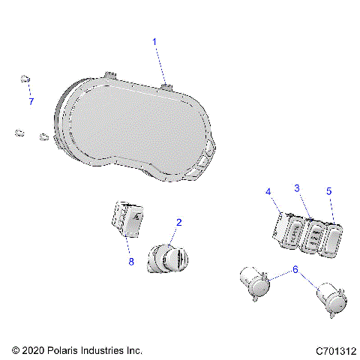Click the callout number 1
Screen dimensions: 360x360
click(155, 42)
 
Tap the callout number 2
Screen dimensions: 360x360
click(178, 222)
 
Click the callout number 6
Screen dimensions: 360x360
click(295, 268)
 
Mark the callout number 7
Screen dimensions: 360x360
click(31, 101)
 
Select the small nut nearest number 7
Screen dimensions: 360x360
click(24, 79)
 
